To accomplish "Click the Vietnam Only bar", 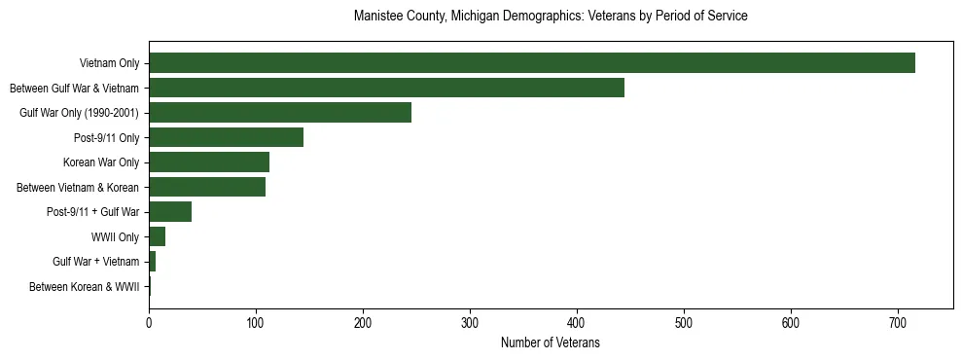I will [531, 63].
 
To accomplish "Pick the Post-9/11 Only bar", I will [226, 137].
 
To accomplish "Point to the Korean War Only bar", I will [209, 162].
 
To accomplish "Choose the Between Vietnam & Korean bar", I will [207, 187].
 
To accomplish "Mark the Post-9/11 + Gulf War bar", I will [170, 212].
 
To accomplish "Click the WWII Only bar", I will [157, 236].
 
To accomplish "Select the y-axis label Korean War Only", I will [101, 162].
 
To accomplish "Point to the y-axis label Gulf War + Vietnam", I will [96, 262].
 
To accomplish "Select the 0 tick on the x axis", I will [149, 318].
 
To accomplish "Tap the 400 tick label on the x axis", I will [577, 318].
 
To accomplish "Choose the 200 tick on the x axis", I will [363, 318].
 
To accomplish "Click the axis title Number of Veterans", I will [550, 343].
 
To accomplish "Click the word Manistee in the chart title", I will [379, 17].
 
